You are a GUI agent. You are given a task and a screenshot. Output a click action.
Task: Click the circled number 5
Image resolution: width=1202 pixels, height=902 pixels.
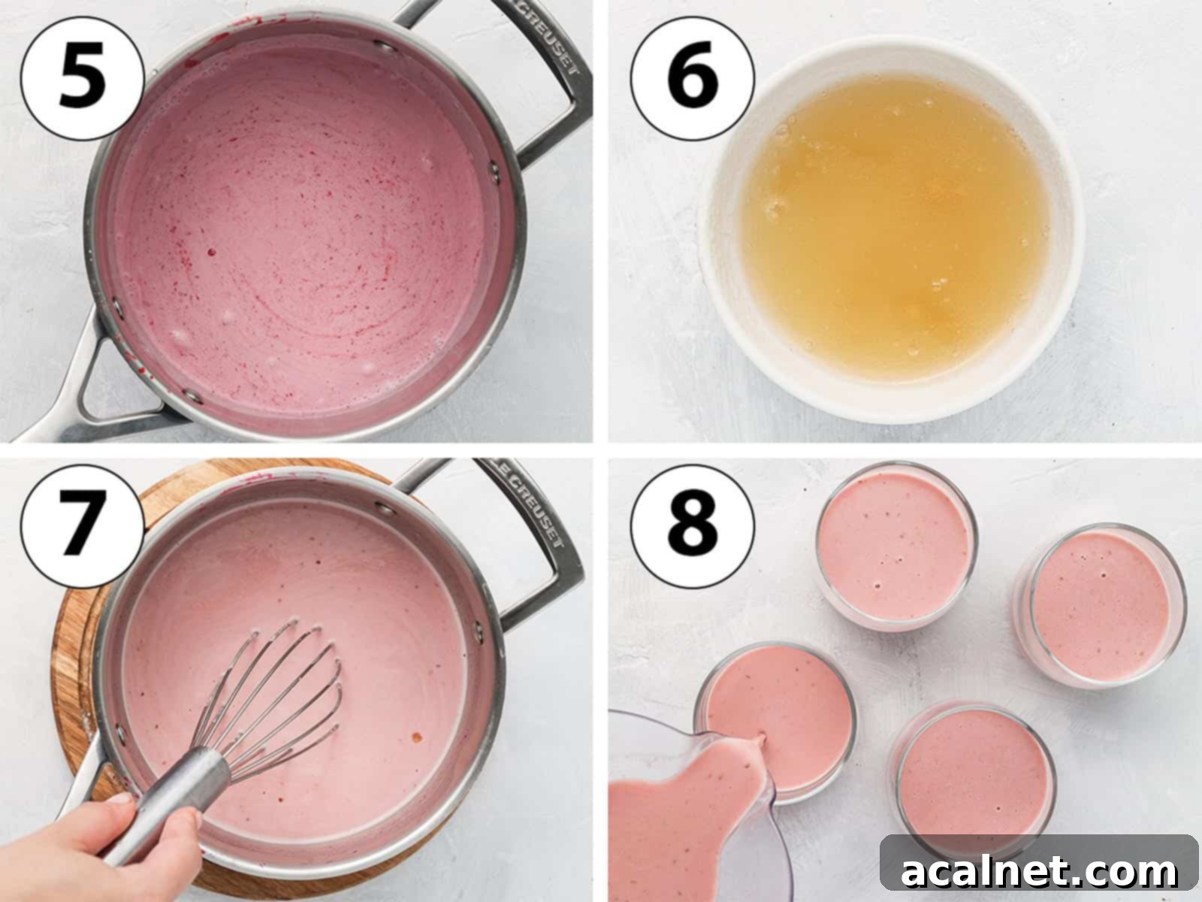point(82,78)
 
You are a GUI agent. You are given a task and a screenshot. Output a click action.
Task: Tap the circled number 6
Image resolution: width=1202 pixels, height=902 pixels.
point(692,78)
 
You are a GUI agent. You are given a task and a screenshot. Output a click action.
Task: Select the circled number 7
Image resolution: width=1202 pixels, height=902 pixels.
point(82,524)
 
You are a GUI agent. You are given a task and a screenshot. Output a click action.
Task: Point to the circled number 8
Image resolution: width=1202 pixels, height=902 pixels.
point(692,524)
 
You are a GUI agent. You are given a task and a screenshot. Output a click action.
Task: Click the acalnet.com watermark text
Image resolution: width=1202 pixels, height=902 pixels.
point(1039,872)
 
